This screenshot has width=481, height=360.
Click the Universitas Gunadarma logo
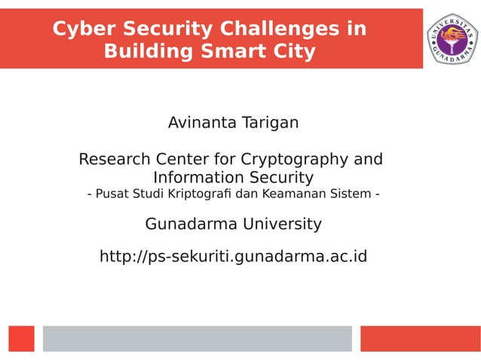point(452,38)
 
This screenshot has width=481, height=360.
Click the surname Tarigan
point(269,122)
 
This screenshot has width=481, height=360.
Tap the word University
point(279,224)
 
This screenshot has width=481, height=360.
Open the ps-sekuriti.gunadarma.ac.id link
point(233,257)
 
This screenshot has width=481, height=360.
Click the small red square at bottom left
point(22,338)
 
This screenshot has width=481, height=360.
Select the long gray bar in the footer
point(197,338)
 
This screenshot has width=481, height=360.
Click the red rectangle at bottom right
point(420,338)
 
